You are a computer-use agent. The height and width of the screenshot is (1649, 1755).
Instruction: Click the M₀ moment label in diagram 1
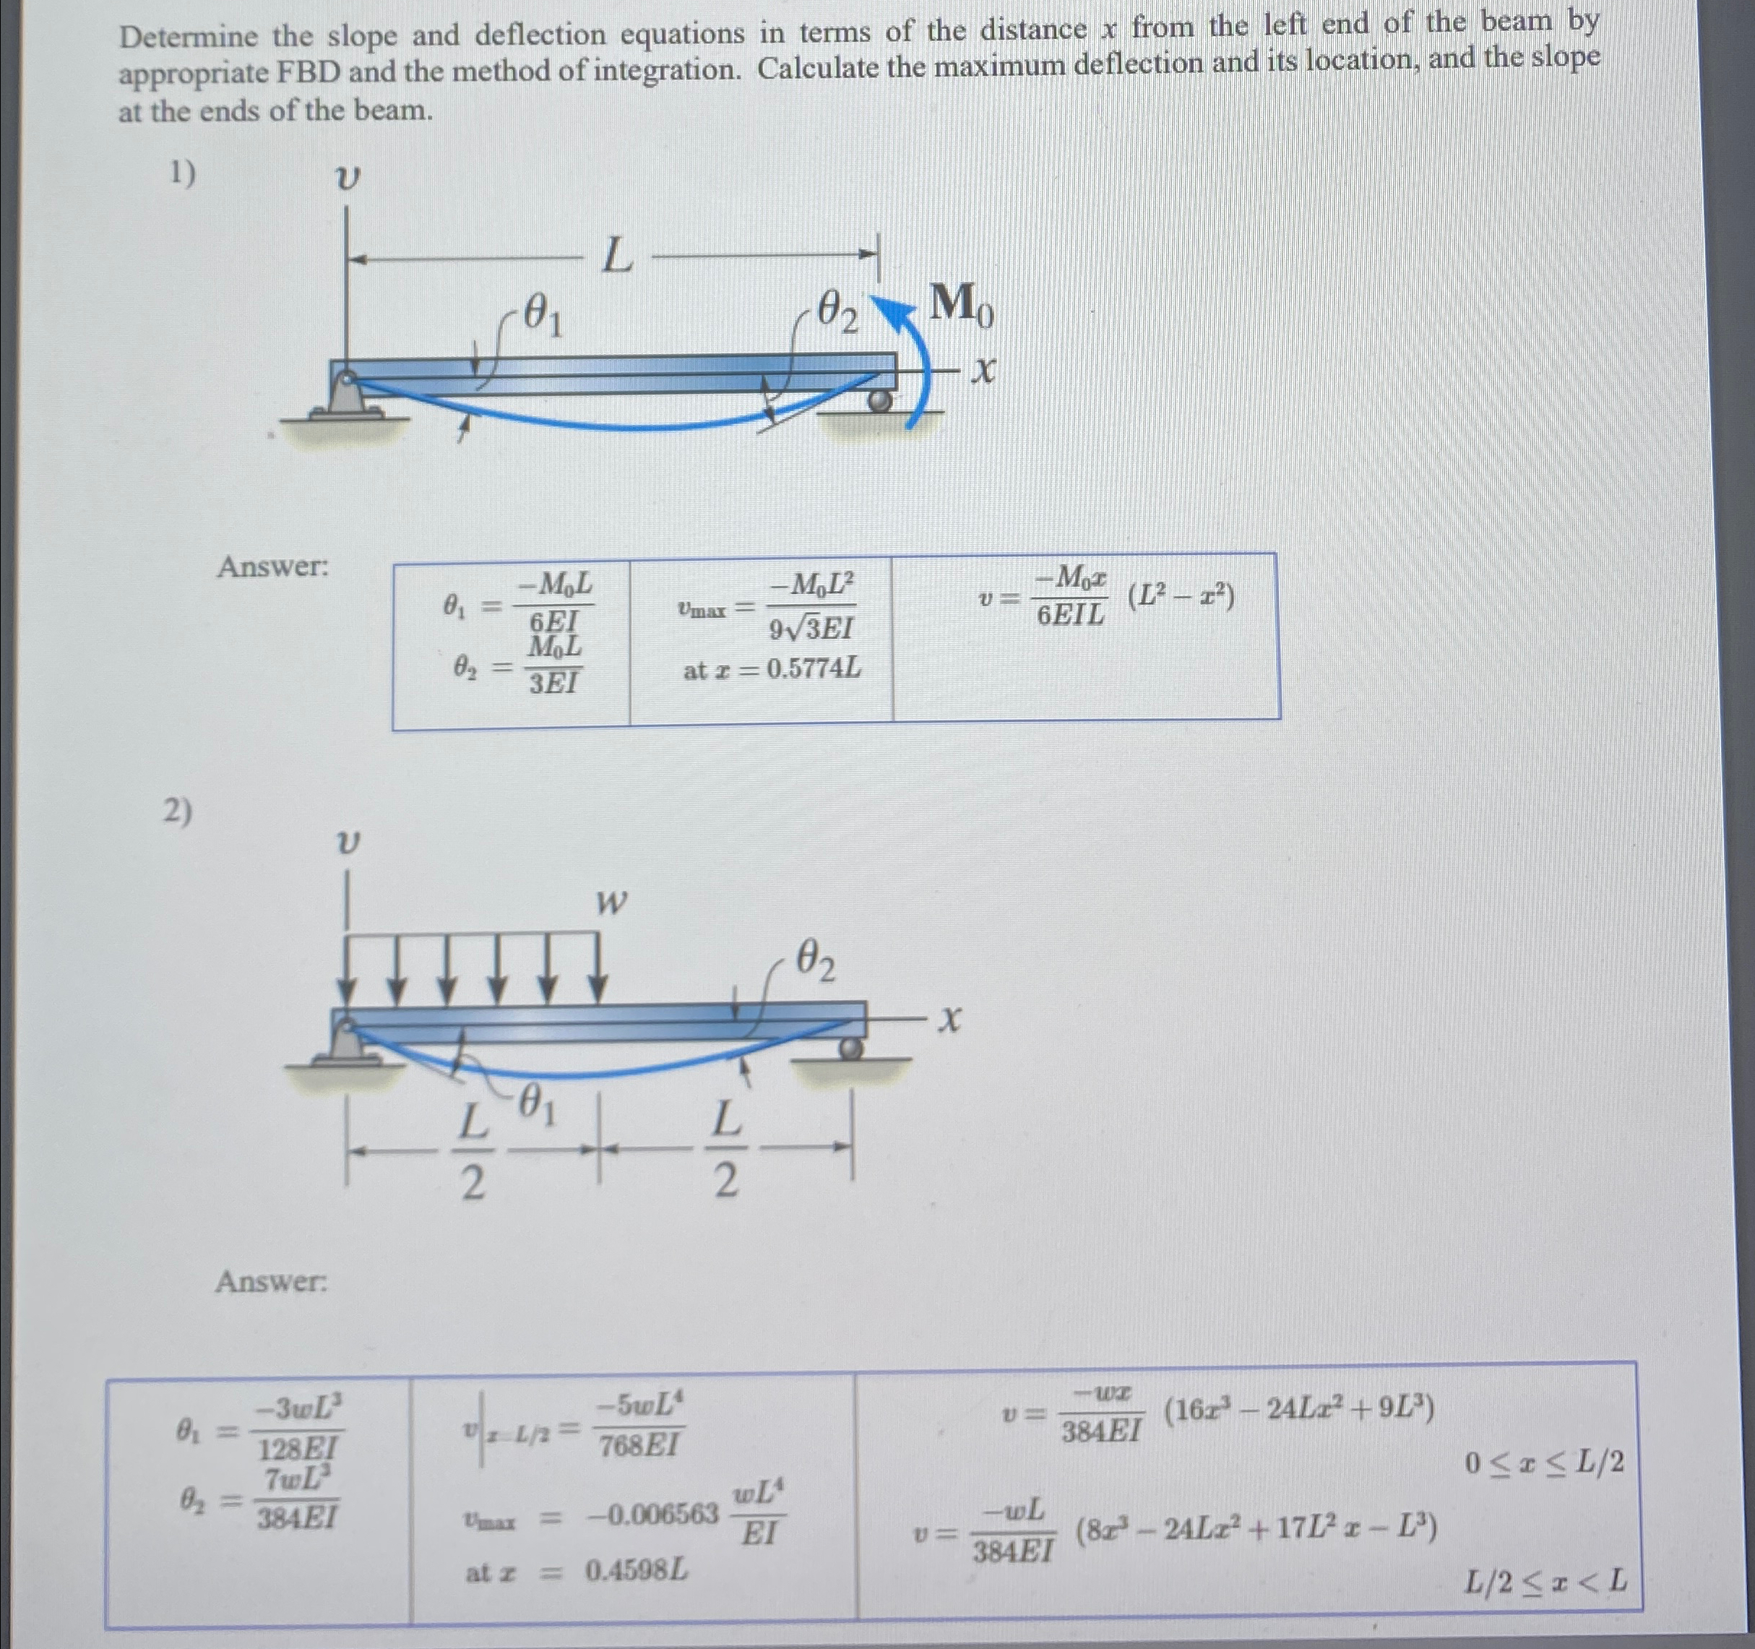pos(963,306)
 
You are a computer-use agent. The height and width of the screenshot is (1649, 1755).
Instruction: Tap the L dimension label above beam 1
pos(617,259)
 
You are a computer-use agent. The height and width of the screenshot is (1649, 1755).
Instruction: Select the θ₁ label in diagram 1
pos(542,315)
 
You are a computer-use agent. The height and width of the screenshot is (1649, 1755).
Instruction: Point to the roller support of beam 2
pos(850,1048)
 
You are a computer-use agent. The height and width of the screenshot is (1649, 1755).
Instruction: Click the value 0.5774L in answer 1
pos(812,670)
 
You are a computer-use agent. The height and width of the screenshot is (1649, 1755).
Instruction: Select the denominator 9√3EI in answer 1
pos(811,629)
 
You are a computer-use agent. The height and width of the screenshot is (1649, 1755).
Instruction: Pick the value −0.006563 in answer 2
pos(652,1515)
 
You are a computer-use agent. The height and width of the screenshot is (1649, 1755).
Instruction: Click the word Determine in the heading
pos(189,37)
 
